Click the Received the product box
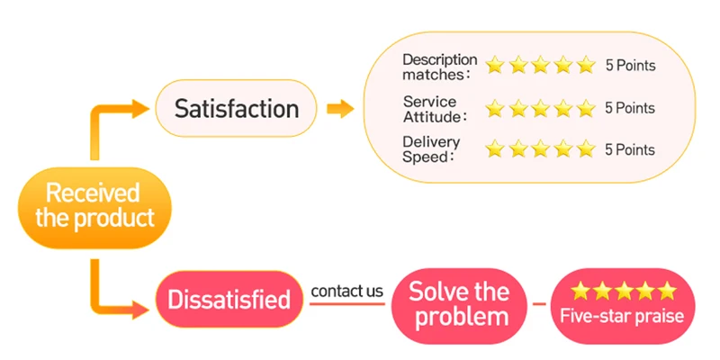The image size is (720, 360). pyautogui.click(x=94, y=206)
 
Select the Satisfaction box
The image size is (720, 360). pyautogui.click(x=236, y=109)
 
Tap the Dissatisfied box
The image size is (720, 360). pyautogui.click(x=229, y=299)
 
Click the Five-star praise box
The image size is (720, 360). pyautogui.click(x=622, y=304)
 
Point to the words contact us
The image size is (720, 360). pyautogui.click(x=347, y=291)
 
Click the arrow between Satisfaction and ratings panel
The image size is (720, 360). pyautogui.click(x=339, y=109)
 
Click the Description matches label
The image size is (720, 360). pyautogui.click(x=439, y=66)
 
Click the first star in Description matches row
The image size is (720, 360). pyautogui.click(x=495, y=66)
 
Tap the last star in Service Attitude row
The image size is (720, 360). pyautogui.click(x=587, y=108)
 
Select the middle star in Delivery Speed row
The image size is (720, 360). pyautogui.click(x=541, y=148)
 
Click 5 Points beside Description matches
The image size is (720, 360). pyautogui.click(x=630, y=66)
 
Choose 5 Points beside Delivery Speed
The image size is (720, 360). pyautogui.click(x=630, y=148)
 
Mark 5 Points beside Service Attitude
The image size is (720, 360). pyautogui.click(x=630, y=108)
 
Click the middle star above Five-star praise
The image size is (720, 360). pyautogui.click(x=623, y=291)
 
